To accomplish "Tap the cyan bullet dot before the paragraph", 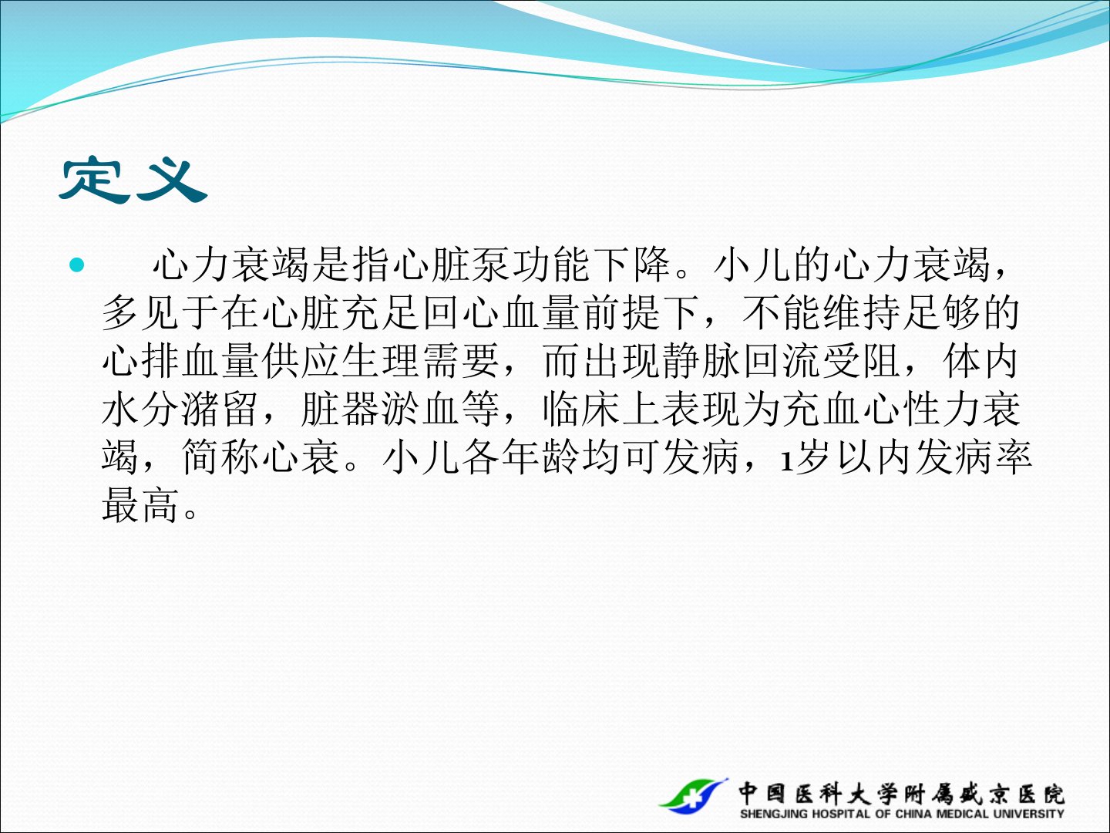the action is (x=76, y=264).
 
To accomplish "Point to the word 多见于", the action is (x=161, y=313).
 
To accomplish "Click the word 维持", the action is (x=863, y=313).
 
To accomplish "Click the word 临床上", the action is (x=602, y=409).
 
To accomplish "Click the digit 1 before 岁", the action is (x=785, y=461).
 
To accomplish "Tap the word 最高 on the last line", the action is (x=140, y=505).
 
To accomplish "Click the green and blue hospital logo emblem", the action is (x=693, y=795).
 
